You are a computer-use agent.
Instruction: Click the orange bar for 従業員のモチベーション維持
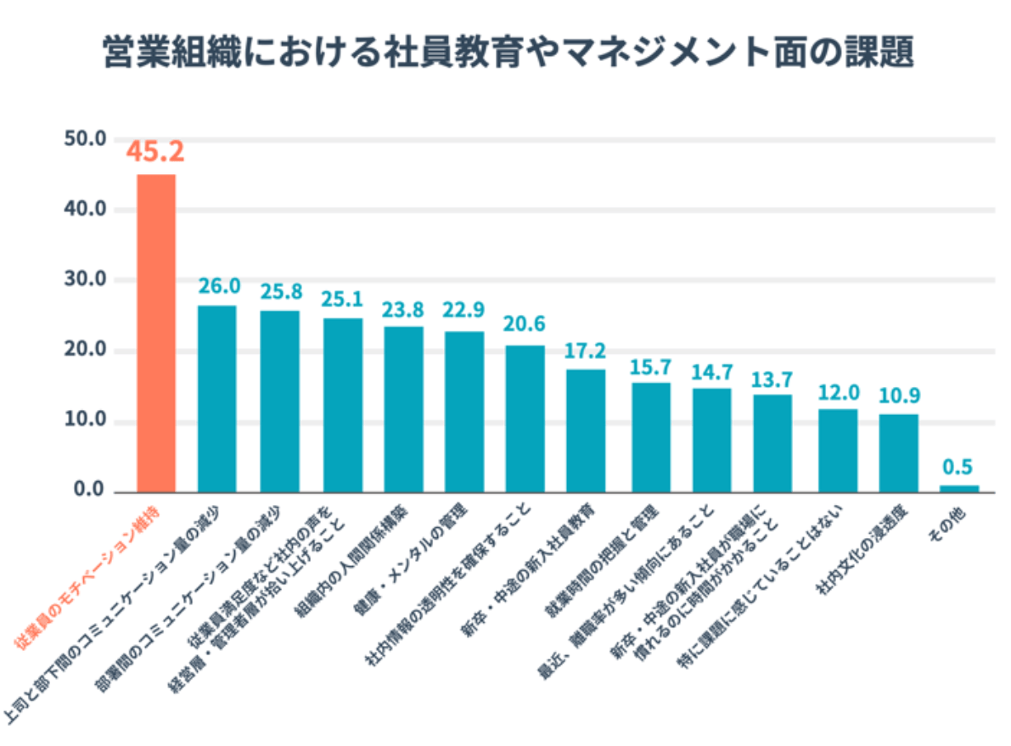(x=156, y=333)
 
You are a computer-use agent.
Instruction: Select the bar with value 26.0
(x=216, y=398)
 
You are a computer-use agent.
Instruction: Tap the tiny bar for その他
(x=958, y=488)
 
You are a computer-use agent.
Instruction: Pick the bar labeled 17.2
(x=586, y=430)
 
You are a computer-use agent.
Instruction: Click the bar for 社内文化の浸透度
(x=898, y=452)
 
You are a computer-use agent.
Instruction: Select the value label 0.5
(x=958, y=467)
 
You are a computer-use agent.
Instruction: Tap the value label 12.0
(x=839, y=392)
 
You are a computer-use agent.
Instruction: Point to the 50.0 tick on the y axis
(x=84, y=138)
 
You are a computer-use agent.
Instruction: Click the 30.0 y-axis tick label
(x=84, y=279)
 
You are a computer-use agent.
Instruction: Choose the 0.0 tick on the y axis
(x=87, y=491)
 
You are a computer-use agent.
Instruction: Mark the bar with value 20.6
(x=525, y=418)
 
